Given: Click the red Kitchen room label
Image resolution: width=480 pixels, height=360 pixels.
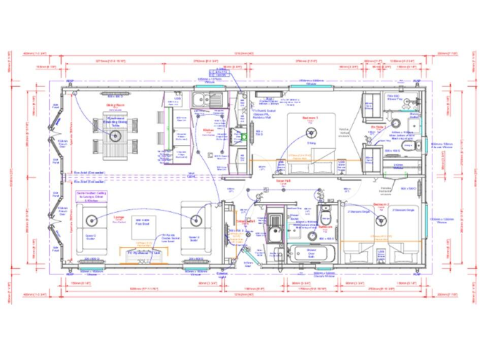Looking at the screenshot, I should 209,131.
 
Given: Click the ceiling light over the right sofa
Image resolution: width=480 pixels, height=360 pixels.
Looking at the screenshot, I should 195,219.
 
